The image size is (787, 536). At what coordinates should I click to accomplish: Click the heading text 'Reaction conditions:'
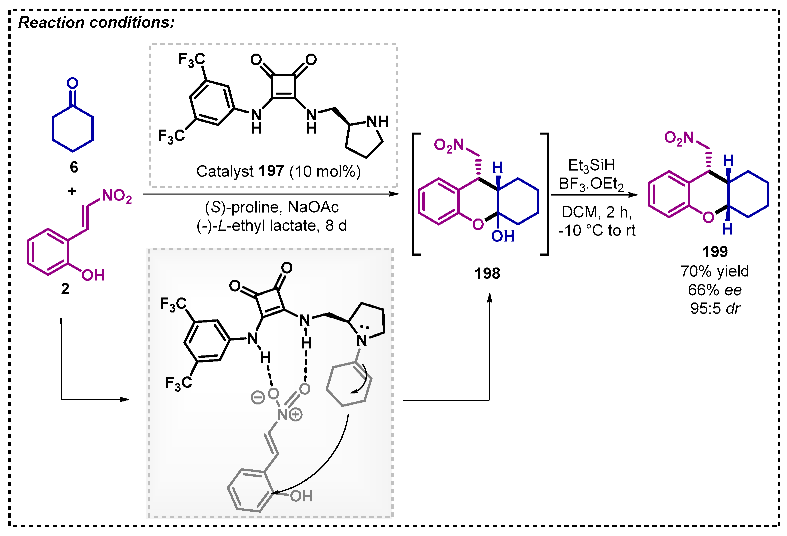97,23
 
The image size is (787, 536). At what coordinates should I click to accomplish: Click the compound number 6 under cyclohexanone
74,167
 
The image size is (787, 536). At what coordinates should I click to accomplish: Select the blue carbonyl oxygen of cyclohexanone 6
72,83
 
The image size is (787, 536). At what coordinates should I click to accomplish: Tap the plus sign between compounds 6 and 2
72,192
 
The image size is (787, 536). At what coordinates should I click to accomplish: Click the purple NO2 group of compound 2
117,196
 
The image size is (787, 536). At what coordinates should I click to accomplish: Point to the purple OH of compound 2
93,275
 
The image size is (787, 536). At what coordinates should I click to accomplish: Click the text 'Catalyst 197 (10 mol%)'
278,172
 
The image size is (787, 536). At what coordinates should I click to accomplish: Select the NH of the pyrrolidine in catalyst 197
378,122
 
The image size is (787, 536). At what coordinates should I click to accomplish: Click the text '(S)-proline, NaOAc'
272,207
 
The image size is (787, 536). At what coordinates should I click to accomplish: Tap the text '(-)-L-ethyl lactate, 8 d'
272,226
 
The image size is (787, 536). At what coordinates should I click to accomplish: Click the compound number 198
487,273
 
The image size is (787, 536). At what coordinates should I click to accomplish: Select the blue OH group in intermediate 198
503,237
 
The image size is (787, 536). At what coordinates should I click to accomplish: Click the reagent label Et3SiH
591,166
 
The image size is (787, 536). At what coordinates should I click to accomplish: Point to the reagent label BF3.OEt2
591,185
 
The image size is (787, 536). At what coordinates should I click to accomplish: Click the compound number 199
715,252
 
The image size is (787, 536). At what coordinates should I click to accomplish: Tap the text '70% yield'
715,271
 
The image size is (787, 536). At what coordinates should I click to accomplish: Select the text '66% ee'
715,290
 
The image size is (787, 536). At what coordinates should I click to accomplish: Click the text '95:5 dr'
715,308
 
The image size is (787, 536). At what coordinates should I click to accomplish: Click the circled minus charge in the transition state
257,397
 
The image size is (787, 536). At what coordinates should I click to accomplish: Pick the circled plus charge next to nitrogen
296,414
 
